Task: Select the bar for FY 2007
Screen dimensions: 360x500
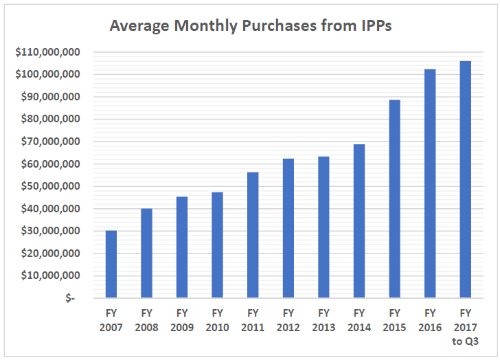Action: click(x=111, y=264)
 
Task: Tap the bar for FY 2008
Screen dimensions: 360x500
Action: click(x=146, y=253)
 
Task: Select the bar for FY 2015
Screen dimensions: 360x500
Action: click(x=394, y=199)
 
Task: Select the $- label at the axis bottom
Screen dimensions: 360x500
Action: click(x=71, y=298)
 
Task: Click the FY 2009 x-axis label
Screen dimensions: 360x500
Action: click(x=181, y=321)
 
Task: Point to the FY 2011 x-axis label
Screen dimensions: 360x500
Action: click(x=252, y=321)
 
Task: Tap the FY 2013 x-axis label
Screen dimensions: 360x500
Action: click(x=323, y=321)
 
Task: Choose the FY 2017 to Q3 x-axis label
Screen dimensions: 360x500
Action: click(x=465, y=327)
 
